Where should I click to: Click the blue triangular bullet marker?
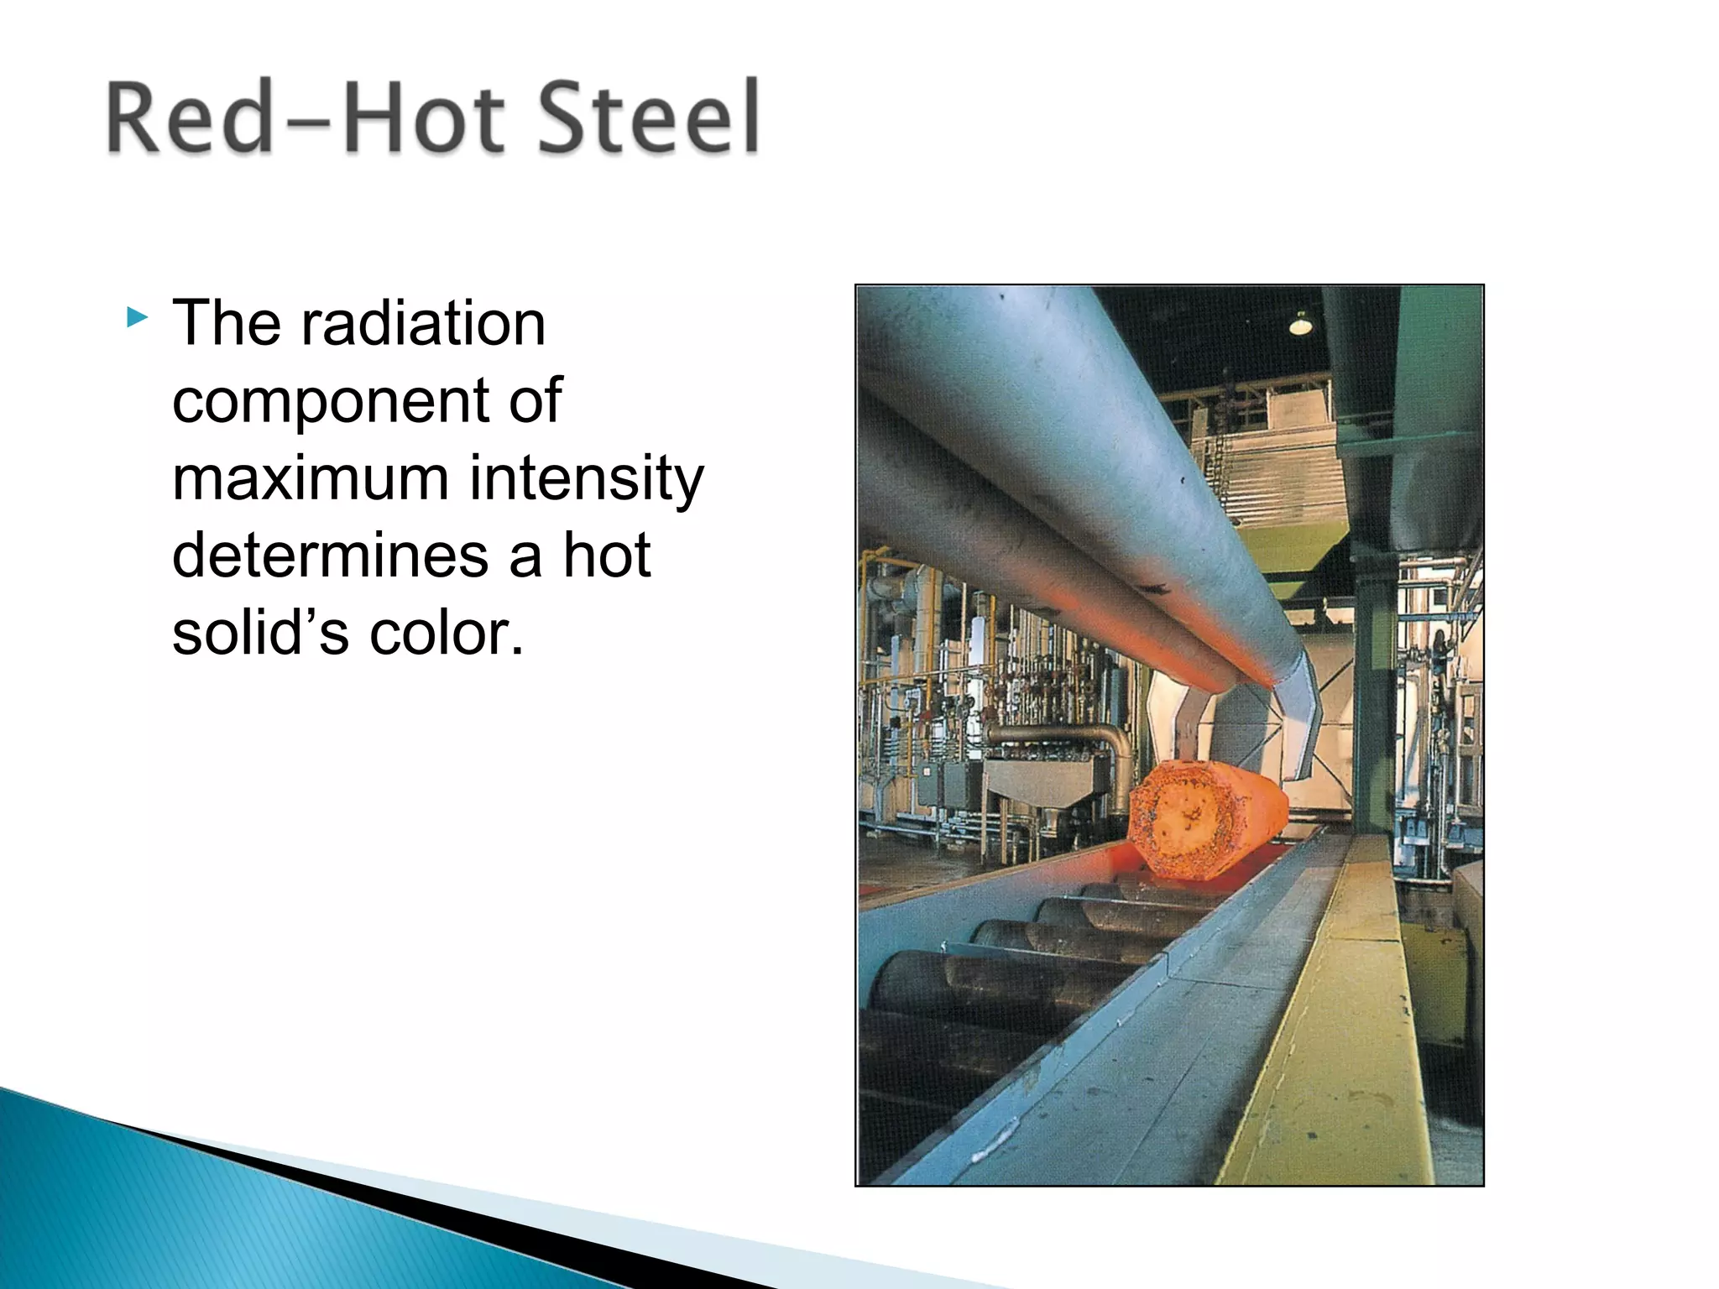[137, 318]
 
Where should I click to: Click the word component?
[329, 401]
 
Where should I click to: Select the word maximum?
[310, 478]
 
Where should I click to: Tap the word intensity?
[586, 478]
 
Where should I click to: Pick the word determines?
[329, 556]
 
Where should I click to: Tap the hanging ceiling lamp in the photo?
[1300, 323]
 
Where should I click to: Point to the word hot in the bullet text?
[607, 556]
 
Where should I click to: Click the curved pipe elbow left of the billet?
[1112, 747]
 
